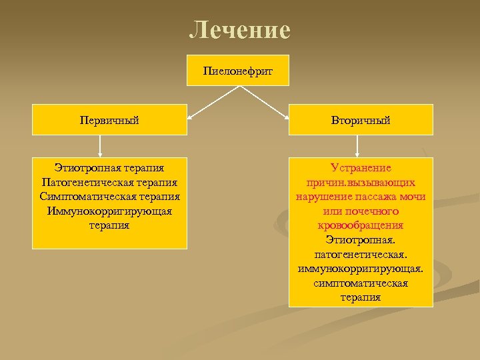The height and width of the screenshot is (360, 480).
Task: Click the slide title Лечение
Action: (x=240, y=30)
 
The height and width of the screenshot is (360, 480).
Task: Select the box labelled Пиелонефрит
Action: (x=238, y=70)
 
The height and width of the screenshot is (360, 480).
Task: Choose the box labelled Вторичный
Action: (x=361, y=120)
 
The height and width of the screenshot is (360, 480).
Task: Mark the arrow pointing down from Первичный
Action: (x=100, y=146)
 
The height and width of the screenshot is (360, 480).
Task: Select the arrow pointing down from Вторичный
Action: (x=358, y=146)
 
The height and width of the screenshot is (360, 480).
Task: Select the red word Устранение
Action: (x=361, y=167)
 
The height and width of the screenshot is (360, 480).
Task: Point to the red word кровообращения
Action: (x=361, y=225)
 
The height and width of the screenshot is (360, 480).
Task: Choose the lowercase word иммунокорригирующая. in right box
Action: (x=361, y=269)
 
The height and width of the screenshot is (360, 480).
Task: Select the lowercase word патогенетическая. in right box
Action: (x=361, y=255)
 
